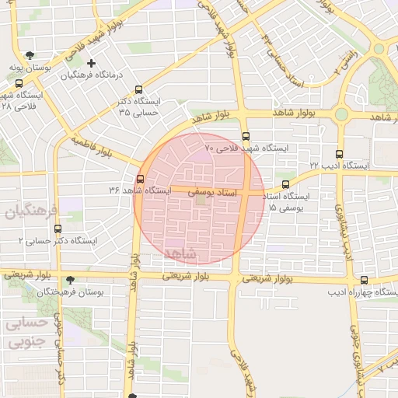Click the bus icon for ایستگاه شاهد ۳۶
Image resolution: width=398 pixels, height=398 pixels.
140,179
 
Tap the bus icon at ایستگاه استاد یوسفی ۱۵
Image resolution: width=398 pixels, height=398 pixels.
285,184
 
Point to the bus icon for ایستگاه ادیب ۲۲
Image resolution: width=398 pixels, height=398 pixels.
338,154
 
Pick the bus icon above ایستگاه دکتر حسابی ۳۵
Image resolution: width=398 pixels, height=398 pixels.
138,89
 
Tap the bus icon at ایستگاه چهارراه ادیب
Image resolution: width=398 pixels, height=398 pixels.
364,281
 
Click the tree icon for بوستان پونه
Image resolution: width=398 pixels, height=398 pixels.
30,55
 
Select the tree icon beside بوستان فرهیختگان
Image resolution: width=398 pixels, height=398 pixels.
71,279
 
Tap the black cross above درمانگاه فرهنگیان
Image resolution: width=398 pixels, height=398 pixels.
92,63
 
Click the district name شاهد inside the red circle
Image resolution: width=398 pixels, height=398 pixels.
182,254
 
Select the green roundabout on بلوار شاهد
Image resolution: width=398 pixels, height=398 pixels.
341,115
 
